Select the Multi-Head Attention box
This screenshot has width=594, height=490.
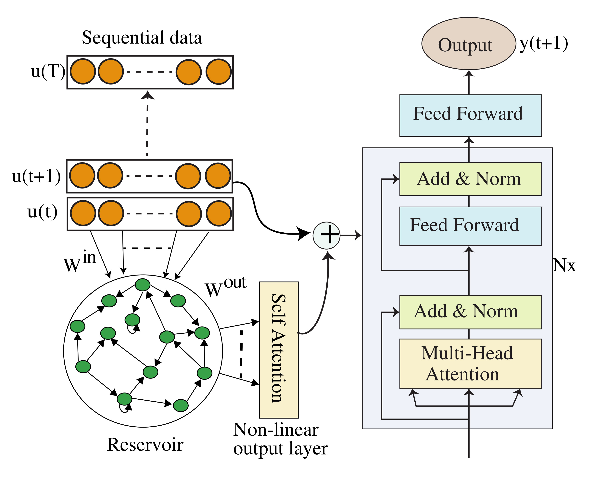pos(470,363)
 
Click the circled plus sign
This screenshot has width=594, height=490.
pos(326,235)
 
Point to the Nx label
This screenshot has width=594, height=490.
pos(564,265)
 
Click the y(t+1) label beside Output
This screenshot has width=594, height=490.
pos(543,44)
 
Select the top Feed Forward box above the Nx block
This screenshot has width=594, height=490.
pos(470,115)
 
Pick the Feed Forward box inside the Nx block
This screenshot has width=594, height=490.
pos(470,226)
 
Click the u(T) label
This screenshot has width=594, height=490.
pos(48,71)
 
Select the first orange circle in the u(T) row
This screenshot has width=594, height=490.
pos(83,71)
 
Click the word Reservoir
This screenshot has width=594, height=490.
pos(145,445)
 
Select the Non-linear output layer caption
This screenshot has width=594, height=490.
pos(280,439)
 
